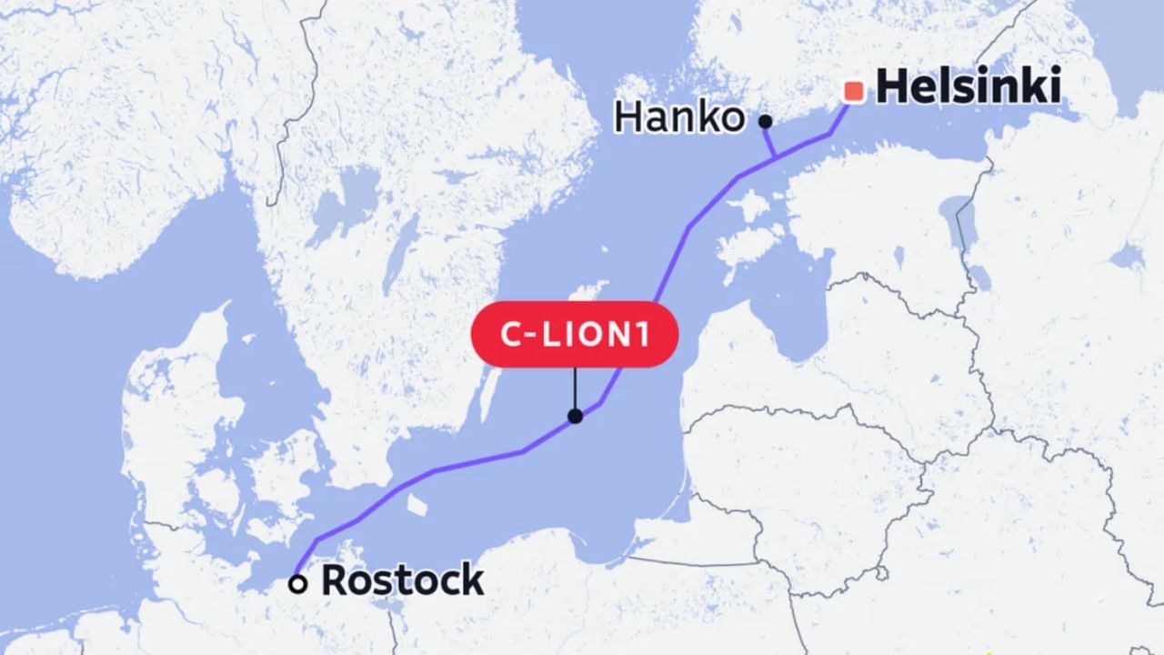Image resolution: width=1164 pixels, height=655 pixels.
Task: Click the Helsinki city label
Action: point(968,87)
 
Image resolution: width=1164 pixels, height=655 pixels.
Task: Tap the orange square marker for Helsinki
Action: point(854,91)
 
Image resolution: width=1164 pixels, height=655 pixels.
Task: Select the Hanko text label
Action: point(679,117)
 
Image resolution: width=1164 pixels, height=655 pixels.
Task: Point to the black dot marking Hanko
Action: point(766,120)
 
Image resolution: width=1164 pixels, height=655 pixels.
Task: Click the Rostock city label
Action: point(402,580)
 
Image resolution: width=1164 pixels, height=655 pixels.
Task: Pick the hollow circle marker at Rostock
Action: point(297,584)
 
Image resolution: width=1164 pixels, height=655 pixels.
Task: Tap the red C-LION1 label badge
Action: point(574,334)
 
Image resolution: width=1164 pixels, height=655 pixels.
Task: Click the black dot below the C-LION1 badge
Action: point(575,417)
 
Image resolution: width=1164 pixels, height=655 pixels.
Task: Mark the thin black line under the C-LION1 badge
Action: point(575,389)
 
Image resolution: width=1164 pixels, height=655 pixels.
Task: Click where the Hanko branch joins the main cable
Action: point(774,159)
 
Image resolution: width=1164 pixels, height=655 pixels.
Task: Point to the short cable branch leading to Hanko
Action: point(769,141)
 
